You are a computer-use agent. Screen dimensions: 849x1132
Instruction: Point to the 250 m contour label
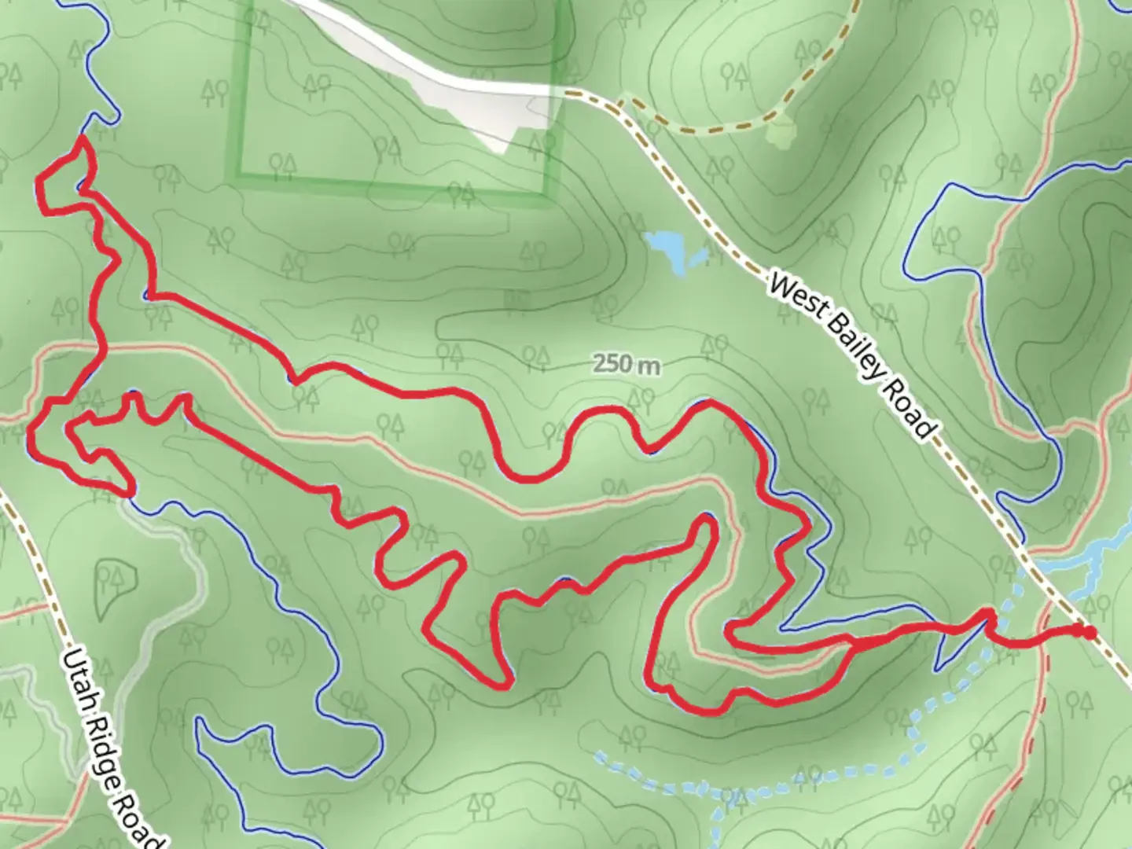(627, 365)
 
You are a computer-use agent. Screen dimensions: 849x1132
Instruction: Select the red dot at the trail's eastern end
(1088, 631)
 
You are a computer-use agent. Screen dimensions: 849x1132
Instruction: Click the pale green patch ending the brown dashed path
(779, 131)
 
